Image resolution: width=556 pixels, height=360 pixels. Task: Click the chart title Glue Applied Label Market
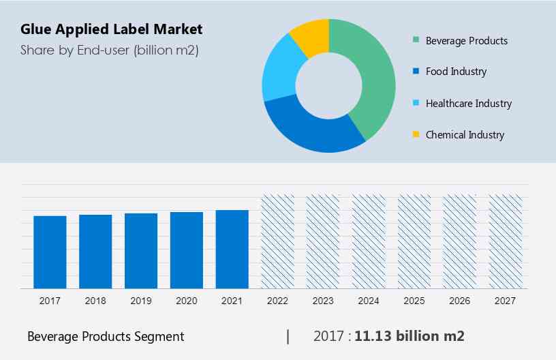point(111,29)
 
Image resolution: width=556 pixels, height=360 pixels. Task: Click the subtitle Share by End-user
point(109,50)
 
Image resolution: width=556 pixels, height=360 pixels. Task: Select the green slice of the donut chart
point(372,75)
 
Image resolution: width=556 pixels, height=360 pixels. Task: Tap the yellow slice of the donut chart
point(311,37)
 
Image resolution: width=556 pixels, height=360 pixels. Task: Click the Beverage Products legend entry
point(466,40)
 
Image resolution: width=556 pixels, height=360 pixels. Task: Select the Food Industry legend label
point(456,72)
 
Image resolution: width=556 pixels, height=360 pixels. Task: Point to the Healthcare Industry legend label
point(468,104)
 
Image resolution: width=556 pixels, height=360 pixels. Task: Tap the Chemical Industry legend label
point(465,135)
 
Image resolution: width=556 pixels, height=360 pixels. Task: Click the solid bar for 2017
point(50,252)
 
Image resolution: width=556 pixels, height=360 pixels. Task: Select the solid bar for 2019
point(141,250)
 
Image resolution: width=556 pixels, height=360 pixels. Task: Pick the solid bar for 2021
point(232,249)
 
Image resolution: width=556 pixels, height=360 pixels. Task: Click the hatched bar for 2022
point(278,241)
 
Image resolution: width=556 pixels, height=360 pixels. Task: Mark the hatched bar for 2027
point(506,241)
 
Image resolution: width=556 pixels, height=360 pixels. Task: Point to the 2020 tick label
point(187,301)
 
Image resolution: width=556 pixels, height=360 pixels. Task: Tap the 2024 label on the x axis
point(369,301)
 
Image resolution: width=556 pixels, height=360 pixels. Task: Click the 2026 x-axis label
point(460,301)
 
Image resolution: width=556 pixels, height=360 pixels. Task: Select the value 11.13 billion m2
point(409,336)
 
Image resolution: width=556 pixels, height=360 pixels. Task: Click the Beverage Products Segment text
point(106,336)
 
